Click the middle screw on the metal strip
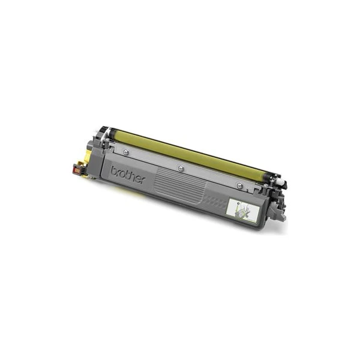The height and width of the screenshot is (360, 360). point(181,168)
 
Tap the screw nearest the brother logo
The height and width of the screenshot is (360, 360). point(125,152)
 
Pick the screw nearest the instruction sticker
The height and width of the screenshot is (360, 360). point(239,184)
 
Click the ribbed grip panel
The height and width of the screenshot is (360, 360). point(181,185)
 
